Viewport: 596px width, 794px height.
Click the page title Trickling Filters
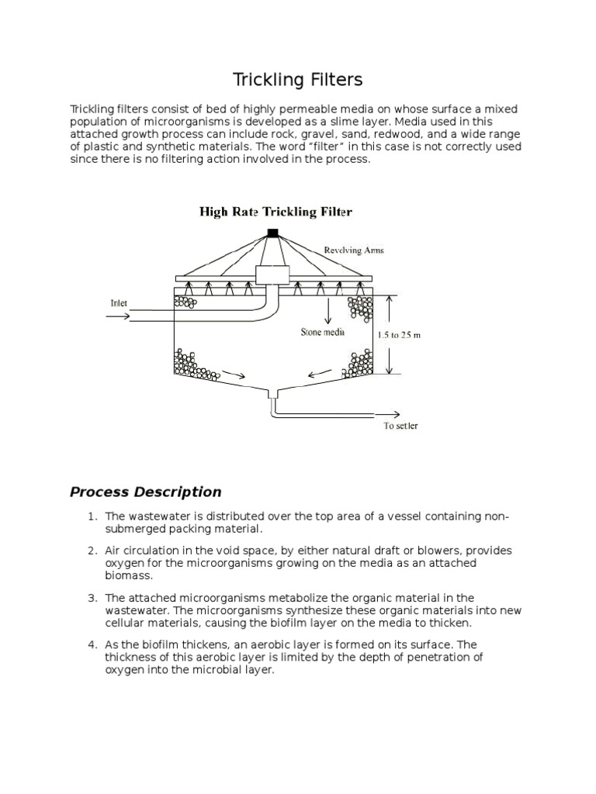[298, 80]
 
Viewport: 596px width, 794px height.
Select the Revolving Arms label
[355, 250]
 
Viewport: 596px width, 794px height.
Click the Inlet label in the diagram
[120, 303]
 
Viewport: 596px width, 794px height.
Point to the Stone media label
[323, 332]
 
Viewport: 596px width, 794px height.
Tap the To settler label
[400, 426]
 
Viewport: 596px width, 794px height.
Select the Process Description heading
[145, 492]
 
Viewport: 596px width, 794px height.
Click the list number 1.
[91, 516]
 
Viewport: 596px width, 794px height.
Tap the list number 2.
[91, 550]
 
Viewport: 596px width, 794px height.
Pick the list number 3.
[91, 597]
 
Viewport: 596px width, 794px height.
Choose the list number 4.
[91, 644]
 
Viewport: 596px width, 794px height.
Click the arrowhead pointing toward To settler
[397, 415]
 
